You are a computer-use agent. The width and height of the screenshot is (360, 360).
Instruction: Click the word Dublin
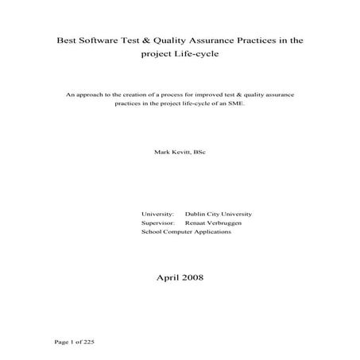click(195, 215)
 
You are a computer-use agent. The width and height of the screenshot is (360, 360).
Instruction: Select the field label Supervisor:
click(158, 224)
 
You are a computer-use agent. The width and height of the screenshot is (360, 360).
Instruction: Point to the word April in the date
click(169, 277)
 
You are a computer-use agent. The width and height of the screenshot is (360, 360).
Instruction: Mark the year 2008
click(193, 277)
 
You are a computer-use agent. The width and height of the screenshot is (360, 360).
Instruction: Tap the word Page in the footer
click(60, 342)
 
